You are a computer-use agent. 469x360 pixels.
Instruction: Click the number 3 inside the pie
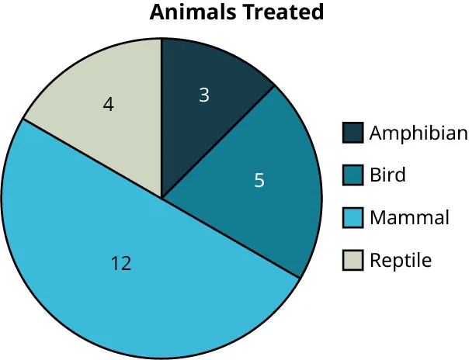204,95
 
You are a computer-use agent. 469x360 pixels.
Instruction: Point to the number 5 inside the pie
259,181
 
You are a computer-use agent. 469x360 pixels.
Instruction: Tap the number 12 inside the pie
120,264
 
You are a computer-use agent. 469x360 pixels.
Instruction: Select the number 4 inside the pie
109,104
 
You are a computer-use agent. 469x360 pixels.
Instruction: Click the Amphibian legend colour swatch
353,133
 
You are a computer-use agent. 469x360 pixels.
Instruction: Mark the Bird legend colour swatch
353,175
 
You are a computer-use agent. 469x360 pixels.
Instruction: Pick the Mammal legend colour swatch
353,218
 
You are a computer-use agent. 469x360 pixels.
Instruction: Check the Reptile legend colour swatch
353,261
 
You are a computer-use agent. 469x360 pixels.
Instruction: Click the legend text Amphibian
419,133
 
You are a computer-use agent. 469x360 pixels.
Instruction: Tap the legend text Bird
387,175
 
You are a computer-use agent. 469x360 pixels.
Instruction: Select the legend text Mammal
409,218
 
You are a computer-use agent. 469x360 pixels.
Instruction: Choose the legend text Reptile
400,261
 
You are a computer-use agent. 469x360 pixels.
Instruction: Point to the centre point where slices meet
162,198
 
